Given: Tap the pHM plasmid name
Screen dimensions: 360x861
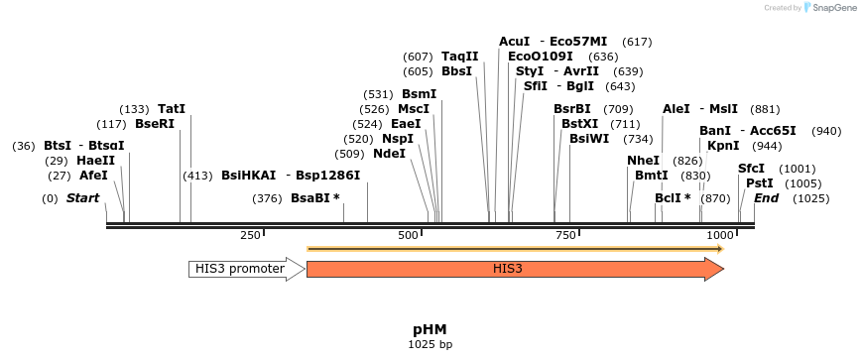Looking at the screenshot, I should click(x=430, y=329).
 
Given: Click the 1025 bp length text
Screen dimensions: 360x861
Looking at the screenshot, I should click(x=430, y=344).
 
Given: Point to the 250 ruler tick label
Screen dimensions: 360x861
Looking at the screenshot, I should click(x=250, y=235).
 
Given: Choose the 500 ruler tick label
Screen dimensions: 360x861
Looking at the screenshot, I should click(x=408, y=235).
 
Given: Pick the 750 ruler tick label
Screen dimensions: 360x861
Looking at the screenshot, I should click(x=565, y=235).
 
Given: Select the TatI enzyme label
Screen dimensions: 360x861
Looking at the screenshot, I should click(x=172, y=109).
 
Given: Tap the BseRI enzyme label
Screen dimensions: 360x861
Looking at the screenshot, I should click(x=154, y=124).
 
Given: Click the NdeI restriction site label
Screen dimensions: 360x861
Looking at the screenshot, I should click(x=389, y=154).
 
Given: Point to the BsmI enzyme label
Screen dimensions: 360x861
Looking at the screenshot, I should click(x=419, y=94).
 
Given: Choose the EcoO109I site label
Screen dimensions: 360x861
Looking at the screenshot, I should click(x=541, y=57).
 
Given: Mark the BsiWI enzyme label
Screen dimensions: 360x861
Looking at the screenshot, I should click(x=589, y=139).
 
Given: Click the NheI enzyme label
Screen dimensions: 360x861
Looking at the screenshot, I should click(x=643, y=161).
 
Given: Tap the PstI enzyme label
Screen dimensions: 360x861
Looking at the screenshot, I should click(x=759, y=183).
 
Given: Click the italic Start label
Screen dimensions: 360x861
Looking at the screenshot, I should click(x=83, y=198).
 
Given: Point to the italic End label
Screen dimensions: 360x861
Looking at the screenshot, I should click(x=766, y=198).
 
